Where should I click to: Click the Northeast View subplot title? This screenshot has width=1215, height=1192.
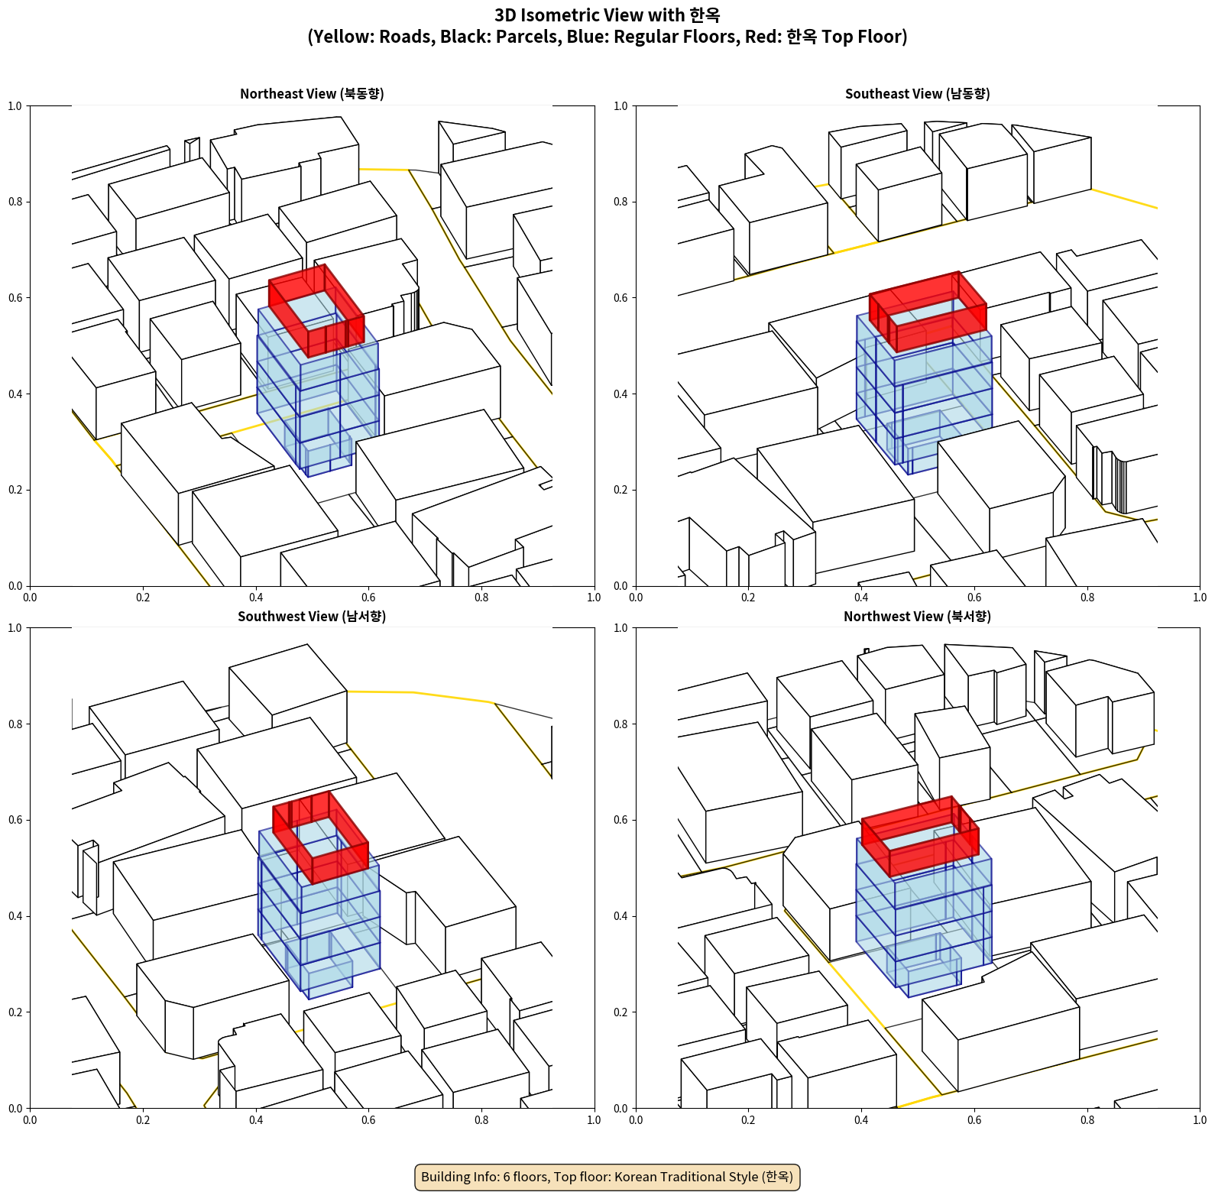click(312, 94)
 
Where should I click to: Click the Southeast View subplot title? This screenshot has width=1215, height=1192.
click(917, 94)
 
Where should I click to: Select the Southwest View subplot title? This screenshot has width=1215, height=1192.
click(312, 617)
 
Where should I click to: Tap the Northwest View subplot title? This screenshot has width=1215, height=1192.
click(917, 617)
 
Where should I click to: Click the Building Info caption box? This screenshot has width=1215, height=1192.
click(607, 1177)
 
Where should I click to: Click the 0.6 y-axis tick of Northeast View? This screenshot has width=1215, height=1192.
click(15, 298)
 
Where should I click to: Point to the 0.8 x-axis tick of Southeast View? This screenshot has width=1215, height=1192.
click(1087, 598)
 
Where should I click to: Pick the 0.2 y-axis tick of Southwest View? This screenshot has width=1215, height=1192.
click(15, 1012)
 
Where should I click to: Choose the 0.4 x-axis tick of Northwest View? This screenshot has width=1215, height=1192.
click(861, 1120)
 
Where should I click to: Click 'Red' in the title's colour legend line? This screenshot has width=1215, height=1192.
click(761, 37)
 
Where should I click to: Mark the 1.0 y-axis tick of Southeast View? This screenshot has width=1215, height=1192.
click(620, 106)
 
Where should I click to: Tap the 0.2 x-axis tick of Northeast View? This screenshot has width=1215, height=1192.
click(143, 598)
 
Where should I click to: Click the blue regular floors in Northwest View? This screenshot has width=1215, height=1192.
click(923, 917)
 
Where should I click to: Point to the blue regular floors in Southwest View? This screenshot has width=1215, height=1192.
click(319, 917)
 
